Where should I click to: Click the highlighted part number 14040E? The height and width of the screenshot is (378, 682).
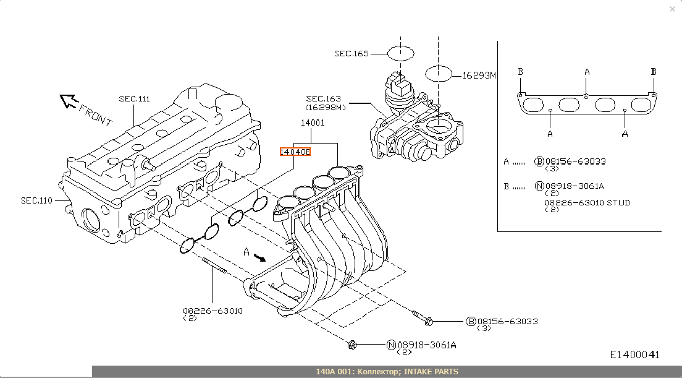(x=295, y=152)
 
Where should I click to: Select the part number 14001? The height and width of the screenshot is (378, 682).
(x=313, y=122)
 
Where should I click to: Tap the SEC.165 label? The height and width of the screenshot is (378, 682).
(x=352, y=54)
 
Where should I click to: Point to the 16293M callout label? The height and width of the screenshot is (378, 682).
(x=480, y=75)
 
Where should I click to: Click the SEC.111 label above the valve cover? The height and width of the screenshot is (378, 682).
(x=135, y=99)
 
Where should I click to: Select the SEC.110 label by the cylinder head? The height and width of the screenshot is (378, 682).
(x=36, y=200)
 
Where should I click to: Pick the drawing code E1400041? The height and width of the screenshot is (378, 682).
(x=635, y=354)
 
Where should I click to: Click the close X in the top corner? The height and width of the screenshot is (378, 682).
(x=673, y=9)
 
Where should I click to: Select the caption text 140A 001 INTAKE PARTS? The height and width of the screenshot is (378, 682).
(x=387, y=372)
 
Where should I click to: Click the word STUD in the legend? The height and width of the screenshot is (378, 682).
(x=618, y=203)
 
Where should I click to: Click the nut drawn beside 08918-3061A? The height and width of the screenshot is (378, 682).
(x=352, y=344)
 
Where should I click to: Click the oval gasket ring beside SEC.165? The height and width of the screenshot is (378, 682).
(x=400, y=53)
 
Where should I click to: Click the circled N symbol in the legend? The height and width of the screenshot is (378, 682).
(x=539, y=186)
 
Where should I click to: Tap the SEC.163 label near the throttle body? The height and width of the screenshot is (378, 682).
(x=324, y=99)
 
